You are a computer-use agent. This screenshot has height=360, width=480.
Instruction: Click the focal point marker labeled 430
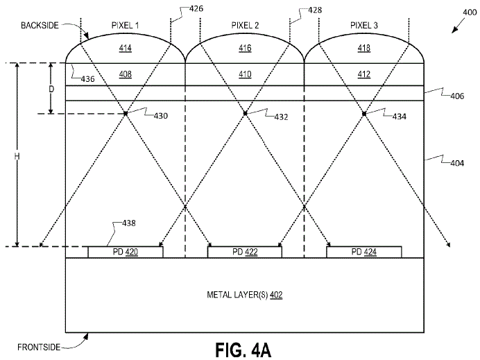click(x=126, y=113)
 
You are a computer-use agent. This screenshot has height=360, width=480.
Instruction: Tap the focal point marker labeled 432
click(x=245, y=113)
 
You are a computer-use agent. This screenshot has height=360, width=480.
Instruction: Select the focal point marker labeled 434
click(x=363, y=113)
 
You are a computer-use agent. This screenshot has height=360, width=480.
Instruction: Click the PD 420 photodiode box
click(x=126, y=252)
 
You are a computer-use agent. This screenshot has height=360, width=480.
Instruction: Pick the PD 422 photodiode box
click(x=245, y=252)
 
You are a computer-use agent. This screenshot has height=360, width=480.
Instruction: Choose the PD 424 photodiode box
click(x=363, y=252)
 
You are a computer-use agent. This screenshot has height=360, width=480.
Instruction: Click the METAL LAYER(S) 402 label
click(x=245, y=295)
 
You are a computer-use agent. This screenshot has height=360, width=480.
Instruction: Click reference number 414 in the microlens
click(x=126, y=49)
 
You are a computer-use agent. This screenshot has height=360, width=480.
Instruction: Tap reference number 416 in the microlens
click(x=245, y=49)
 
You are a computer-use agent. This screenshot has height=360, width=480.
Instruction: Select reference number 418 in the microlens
click(x=364, y=49)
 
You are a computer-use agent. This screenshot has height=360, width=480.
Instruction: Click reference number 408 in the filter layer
click(x=126, y=74)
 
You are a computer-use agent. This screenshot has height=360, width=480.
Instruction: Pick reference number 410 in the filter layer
click(x=245, y=74)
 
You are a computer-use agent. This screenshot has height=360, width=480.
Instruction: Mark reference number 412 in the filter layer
click(x=364, y=74)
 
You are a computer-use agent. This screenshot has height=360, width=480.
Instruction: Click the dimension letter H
click(x=17, y=156)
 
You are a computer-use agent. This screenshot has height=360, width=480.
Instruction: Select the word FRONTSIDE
click(x=37, y=345)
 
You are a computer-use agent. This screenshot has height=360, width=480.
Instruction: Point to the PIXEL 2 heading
click(x=245, y=25)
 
